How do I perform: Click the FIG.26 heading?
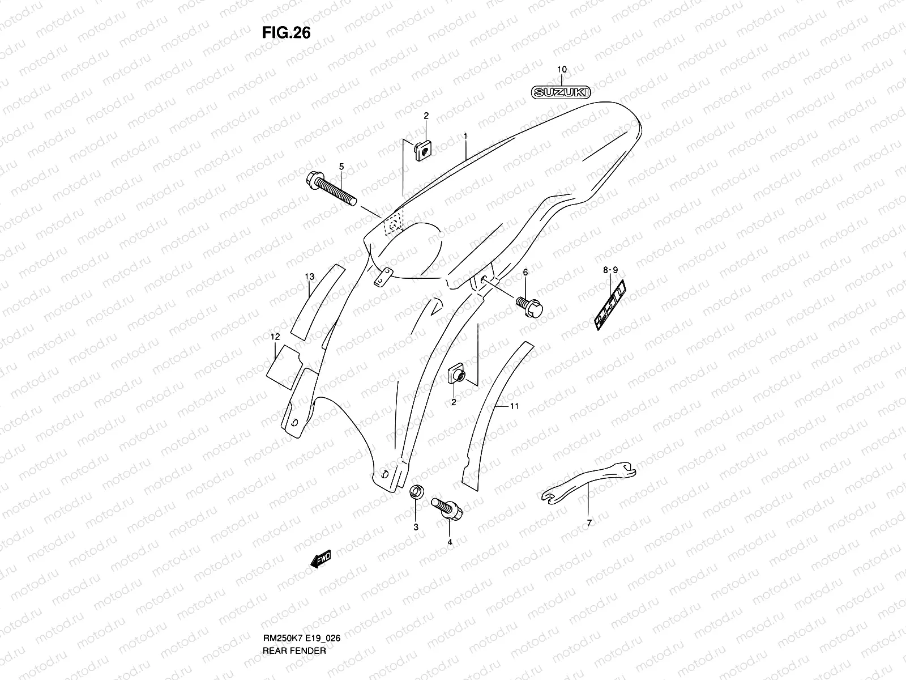pos(286,33)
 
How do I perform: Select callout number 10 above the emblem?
pos(561,70)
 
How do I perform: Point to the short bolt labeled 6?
pos(529,306)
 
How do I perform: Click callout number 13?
pos(309,277)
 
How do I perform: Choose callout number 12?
pos(275,337)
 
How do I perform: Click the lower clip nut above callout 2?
pos(456,375)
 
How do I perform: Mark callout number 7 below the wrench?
pos(588,522)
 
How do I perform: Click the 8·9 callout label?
pos(610,271)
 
